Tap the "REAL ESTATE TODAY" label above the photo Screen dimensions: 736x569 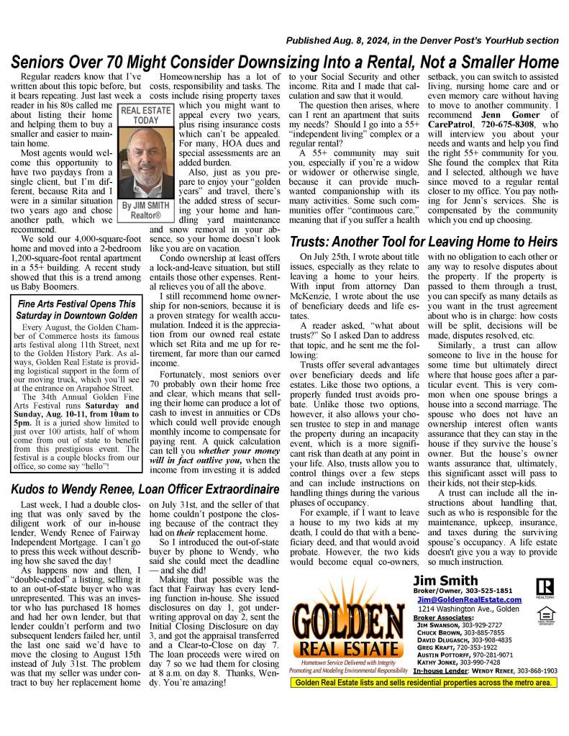point(145,117)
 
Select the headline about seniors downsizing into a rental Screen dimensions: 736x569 point(285,61)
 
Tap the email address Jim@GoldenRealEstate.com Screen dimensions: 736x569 point(468,599)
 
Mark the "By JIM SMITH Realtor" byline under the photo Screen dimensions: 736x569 point(145,209)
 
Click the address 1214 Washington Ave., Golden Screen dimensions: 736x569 point(468,609)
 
